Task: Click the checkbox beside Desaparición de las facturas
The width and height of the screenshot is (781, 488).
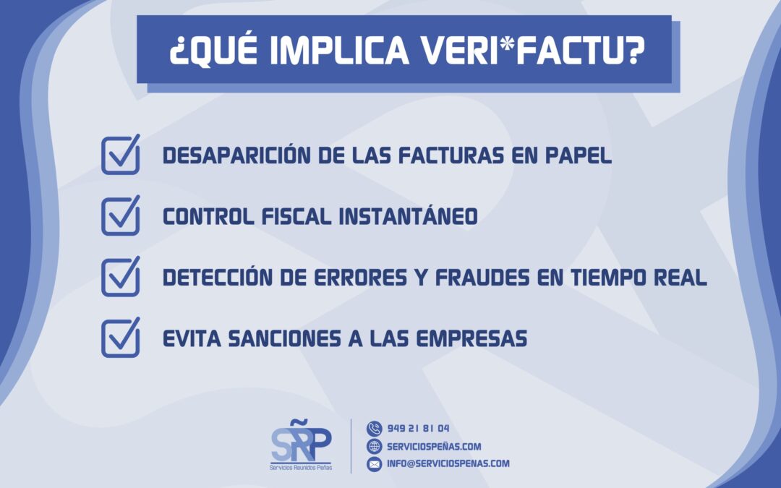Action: (120, 155)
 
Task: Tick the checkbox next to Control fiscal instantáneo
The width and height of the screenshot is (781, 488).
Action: (120, 215)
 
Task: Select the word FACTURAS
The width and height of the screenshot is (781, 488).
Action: (454, 155)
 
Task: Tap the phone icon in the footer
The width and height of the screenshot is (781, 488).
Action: (374, 429)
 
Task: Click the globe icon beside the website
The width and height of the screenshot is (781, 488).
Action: (374, 447)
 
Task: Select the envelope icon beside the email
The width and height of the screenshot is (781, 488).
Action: (374, 464)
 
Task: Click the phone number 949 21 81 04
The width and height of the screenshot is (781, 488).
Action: (419, 429)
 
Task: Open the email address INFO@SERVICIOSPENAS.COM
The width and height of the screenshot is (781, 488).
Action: (448, 464)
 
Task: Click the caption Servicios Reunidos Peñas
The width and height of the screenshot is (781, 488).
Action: (301, 468)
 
